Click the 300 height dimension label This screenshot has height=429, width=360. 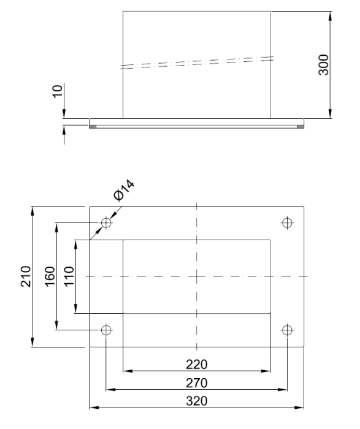tap(324, 64)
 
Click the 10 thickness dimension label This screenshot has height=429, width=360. tap(58, 91)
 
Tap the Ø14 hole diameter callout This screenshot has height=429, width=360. tap(124, 191)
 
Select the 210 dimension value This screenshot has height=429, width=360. tap(26, 276)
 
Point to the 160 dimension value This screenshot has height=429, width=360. tap(50, 276)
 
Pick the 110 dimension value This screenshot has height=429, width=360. tap(69, 276)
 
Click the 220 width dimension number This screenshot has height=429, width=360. tap(197, 365)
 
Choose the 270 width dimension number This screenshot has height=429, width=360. tap(197, 383)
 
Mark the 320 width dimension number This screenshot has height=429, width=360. tap(197, 401)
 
